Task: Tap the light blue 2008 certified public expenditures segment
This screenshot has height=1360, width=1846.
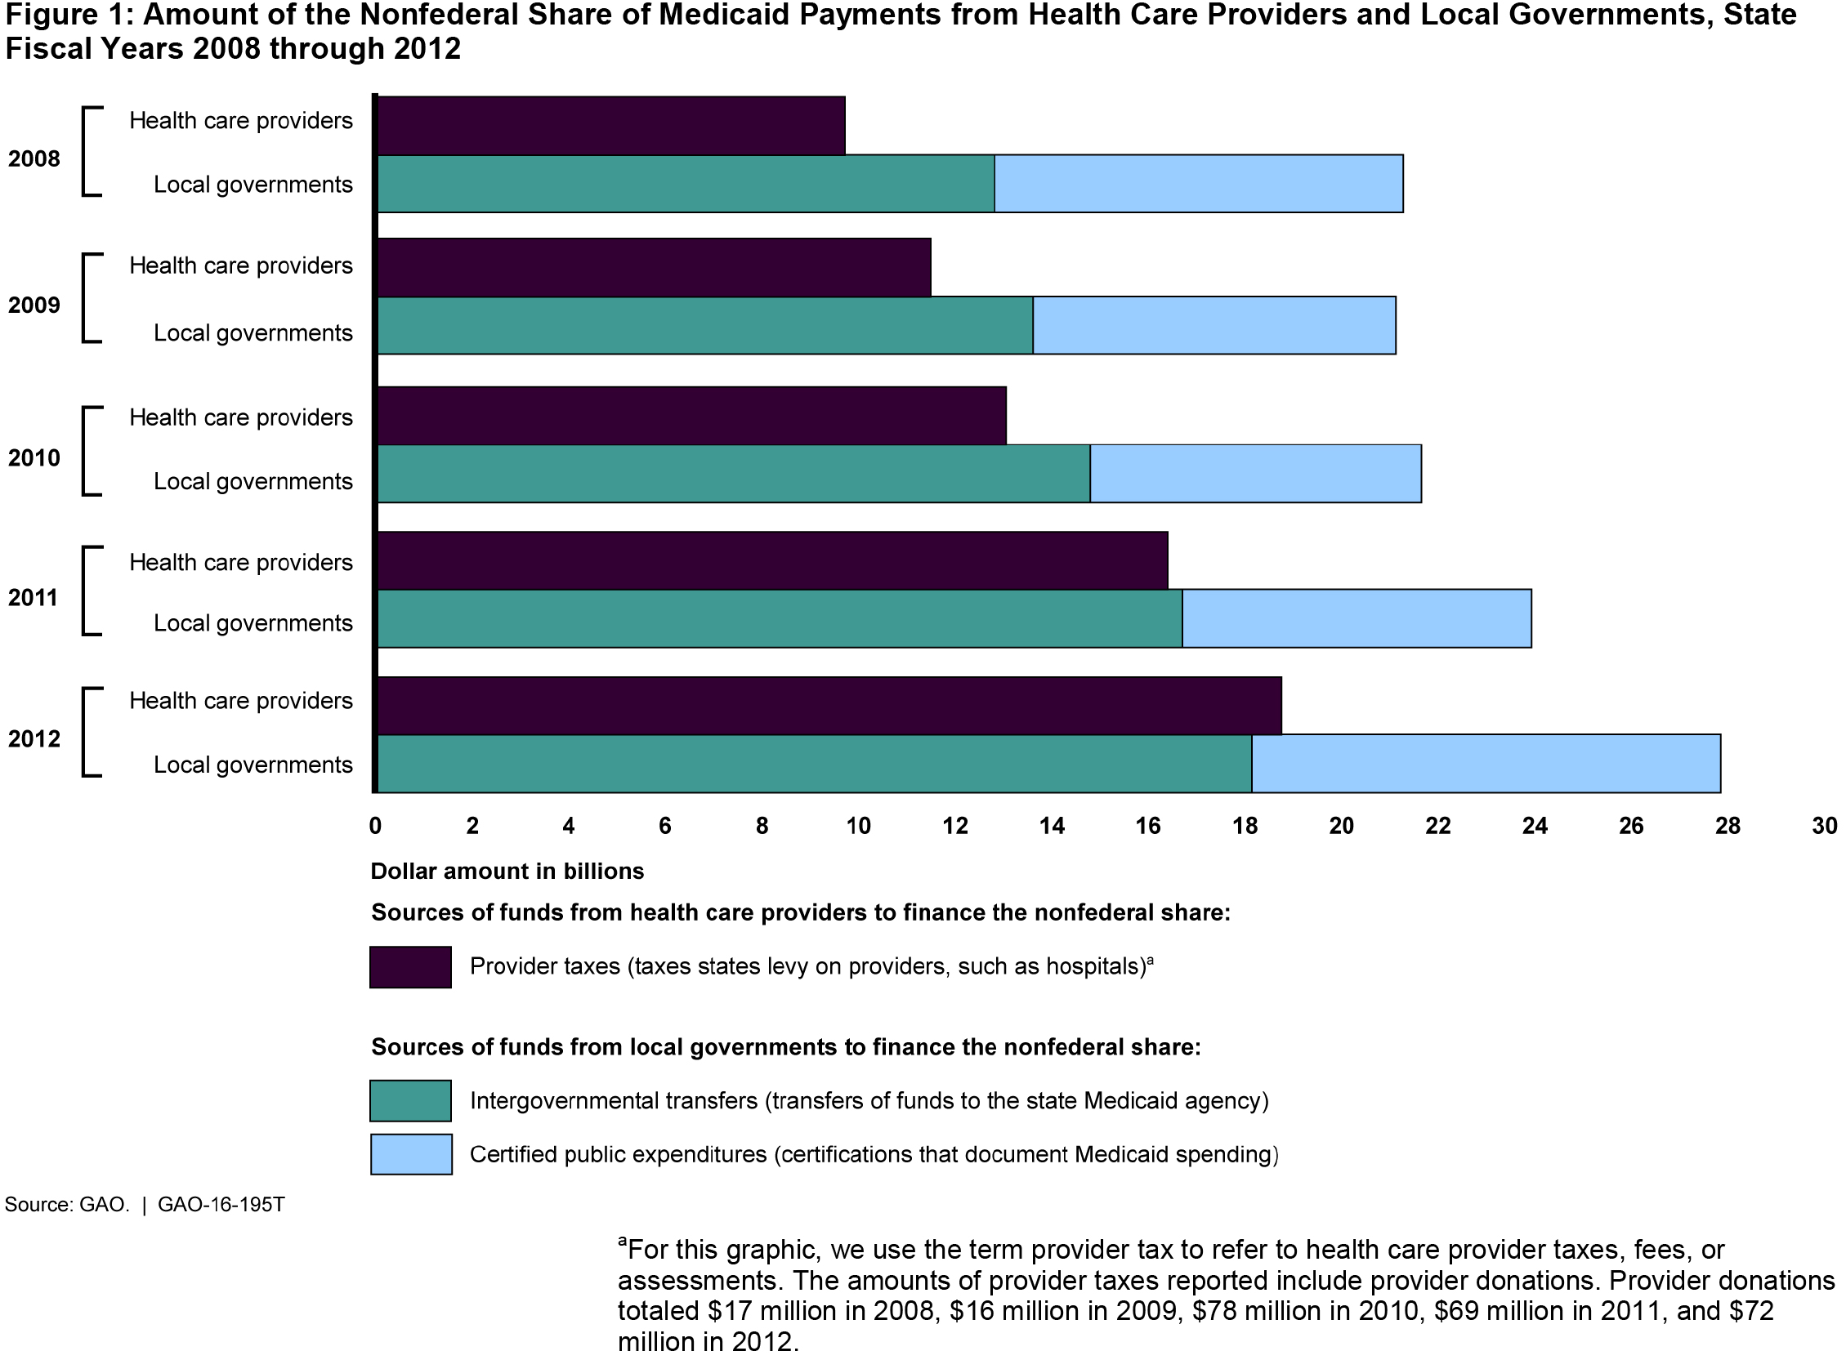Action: coord(1198,184)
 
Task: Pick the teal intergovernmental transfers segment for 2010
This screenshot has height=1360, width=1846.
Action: coord(734,474)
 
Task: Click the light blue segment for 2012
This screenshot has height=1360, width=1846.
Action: coord(1486,763)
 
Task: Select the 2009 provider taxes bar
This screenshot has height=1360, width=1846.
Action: coord(654,268)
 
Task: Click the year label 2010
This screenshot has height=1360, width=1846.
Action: coord(34,457)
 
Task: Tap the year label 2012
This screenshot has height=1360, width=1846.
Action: coord(34,738)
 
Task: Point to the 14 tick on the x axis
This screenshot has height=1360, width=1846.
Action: coord(1052,826)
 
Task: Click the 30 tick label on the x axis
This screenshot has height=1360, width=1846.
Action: coord(1824,826)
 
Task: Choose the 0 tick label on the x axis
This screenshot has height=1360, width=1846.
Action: coord(375,826)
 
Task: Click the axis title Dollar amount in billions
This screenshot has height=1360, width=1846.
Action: coord(507,871)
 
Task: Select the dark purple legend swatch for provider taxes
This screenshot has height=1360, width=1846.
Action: coord(410,966)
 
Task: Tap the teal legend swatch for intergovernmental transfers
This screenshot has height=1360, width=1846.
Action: coord(410,1101)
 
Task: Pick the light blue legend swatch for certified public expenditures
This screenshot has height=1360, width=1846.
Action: coord(410,1154)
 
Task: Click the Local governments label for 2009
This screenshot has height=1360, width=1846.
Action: coord(253,332)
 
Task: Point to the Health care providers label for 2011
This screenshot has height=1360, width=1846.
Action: coord(240,562)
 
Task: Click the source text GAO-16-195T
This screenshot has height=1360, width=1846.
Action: coord(221,1205)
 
